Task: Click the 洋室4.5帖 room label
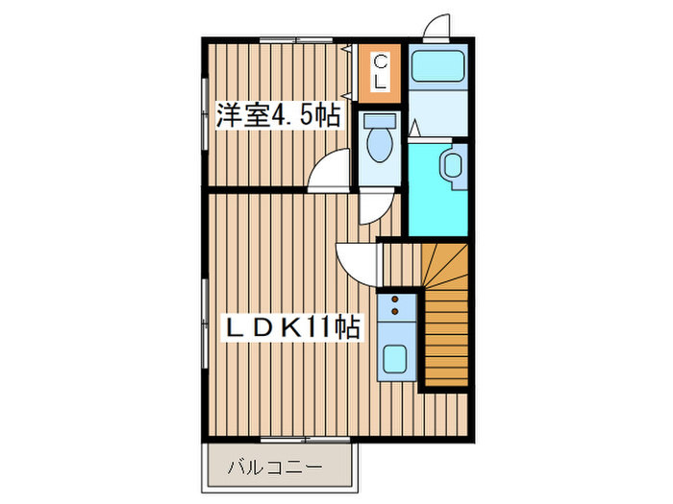[x=278, y=117]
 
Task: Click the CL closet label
[x=380, y=71]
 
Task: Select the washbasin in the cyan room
[x=453, y=165]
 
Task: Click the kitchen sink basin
[x=395, y=360]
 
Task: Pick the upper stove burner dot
[x=394, y=300]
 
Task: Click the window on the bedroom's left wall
[x=205, y=120]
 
